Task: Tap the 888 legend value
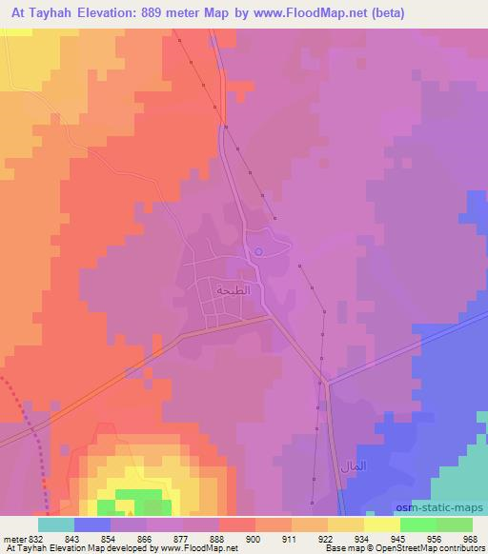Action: (x=218, y=538)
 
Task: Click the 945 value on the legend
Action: (x=398, y=538)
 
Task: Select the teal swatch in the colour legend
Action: (x=56, y=524)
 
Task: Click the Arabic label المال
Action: (x=352, y=468)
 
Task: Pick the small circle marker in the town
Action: (x=258, y=252)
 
